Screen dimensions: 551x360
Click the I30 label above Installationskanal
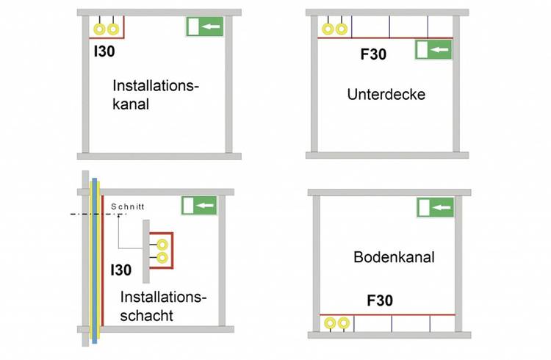coord(104,51)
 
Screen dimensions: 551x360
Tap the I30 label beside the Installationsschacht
coord(121,270)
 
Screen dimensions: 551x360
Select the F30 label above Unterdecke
coord(373,54)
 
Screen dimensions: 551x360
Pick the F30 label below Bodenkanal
coord(380,300)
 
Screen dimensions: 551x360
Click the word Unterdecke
coord(386,94)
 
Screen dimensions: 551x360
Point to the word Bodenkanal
coord(394,257)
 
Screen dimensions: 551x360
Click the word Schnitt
coord(128,206)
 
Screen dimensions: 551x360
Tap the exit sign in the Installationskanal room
coord(205,26)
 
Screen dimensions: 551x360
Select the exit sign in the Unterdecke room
coord(433,49)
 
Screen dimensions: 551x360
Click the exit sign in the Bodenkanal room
coord(436,207)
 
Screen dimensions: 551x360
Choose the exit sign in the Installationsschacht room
coord(199,205)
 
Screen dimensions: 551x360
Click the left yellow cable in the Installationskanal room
coord(100,29)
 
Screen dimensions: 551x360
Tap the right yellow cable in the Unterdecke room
coord(341,29)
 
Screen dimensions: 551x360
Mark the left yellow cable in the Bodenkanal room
coord(330,323)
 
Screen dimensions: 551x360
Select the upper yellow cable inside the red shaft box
coord(162,245)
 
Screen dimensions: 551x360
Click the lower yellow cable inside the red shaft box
coord(162,258)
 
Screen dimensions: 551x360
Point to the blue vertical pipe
coord(95,261)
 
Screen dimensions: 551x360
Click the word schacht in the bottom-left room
coord(146,315)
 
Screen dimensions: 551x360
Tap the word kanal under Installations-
coord(131,104)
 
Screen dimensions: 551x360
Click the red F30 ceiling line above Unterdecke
coord(385,37)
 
